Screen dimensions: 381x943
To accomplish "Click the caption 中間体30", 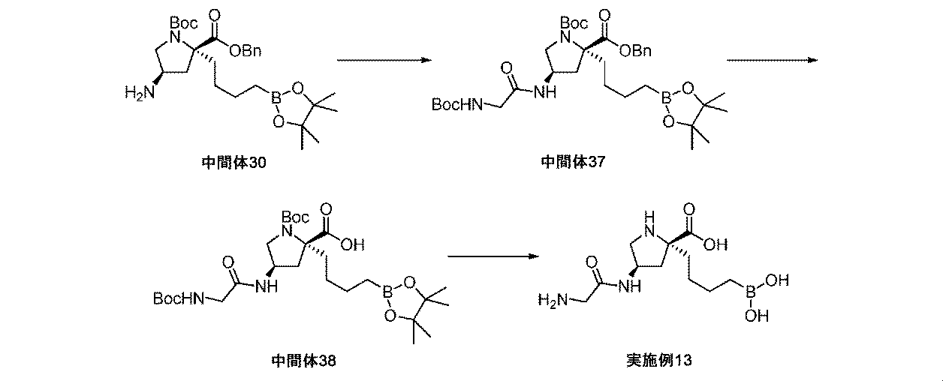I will pos(232,161).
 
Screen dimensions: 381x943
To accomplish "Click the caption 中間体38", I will pos(303,361).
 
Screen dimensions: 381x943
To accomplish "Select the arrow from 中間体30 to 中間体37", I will pos(384,60).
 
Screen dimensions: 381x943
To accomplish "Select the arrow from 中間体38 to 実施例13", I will pos(493,257).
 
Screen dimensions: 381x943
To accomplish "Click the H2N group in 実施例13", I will pos(552,301).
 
